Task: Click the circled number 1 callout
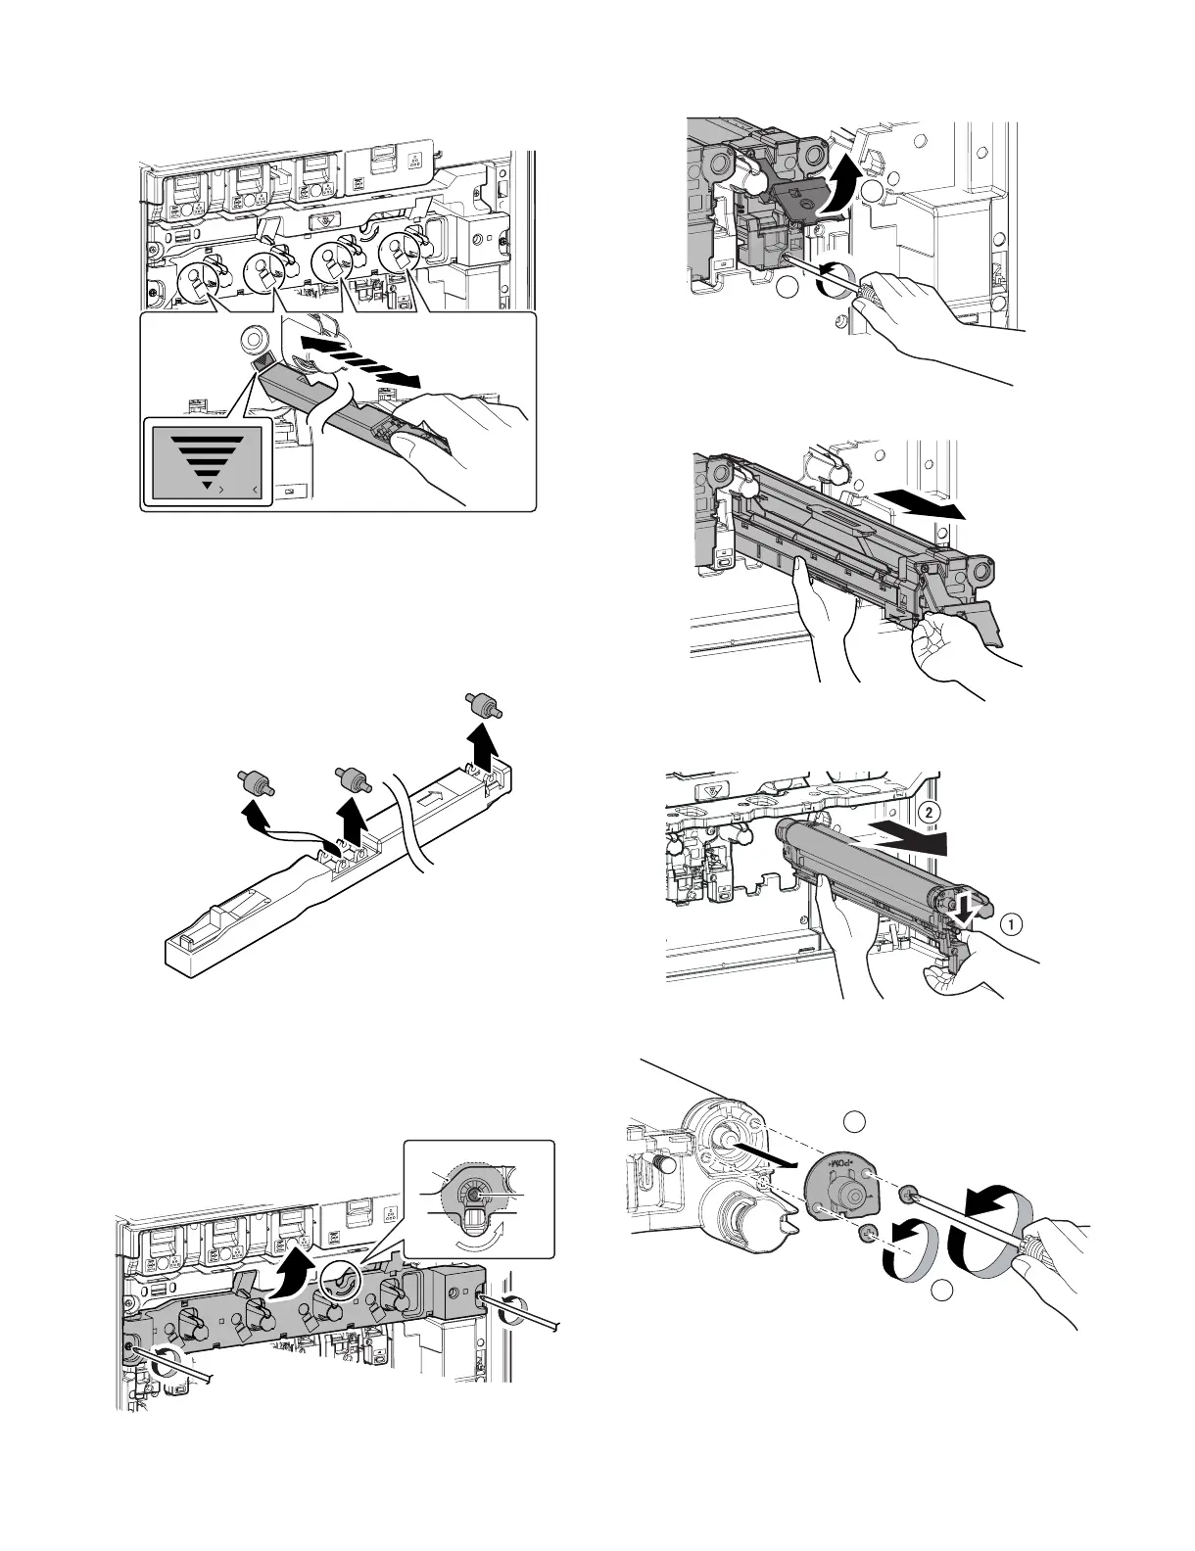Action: pyautogui.click(x=1011, y=922)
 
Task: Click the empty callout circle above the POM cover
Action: pyautogui.click(x=855, y=1123)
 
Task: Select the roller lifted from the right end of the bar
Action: pyautogui.click(x=481, y=708)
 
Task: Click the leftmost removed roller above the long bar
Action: pyautogui.click(x=257, y=782)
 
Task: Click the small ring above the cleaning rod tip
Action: pyautogui.click(x=252, y=341)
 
